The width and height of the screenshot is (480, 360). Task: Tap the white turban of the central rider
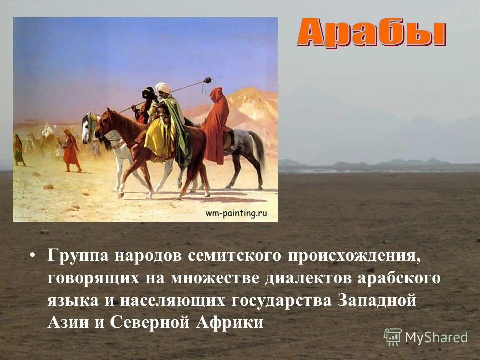[x=163, y=88]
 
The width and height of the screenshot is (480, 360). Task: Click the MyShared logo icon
[x=392, y=337]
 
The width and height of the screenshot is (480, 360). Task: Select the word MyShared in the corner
[x=436, y=338]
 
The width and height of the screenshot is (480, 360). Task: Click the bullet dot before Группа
[x=33, y=256]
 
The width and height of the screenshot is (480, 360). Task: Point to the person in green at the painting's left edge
[x=19, y=150]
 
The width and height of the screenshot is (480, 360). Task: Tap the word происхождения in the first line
[x=354, y=256]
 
